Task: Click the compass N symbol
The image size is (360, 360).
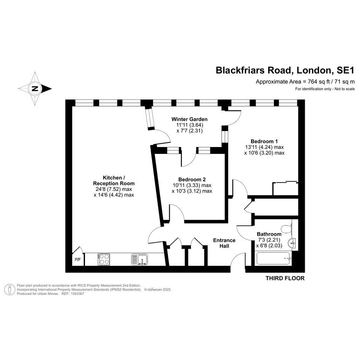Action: (x=35, y=89)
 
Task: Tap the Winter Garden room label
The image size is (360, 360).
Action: (x=189, y=119)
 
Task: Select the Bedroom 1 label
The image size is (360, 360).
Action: (x=264, y=141)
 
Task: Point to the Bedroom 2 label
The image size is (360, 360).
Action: (x=192, y=179)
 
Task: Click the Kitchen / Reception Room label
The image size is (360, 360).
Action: (x=114, y=181)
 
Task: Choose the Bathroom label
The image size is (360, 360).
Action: (x=269, y=234)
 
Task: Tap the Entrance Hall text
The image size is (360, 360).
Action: (x=224, y=243)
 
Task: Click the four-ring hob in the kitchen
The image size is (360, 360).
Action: (x=104, y=259)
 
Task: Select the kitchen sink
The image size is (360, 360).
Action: (x=139, y=259)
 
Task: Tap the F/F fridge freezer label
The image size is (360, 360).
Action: (x=78, y=260)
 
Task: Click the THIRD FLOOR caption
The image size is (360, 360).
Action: (x=285, y=278)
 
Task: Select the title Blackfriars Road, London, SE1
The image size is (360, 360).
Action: (x=285, y=70)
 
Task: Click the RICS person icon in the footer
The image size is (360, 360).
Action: (x=10, y=290)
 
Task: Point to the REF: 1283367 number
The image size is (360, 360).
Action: (x=73, y=294)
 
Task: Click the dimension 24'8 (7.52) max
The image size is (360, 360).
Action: (x=114, y=189)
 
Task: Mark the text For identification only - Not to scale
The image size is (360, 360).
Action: (x=325, y=89)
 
